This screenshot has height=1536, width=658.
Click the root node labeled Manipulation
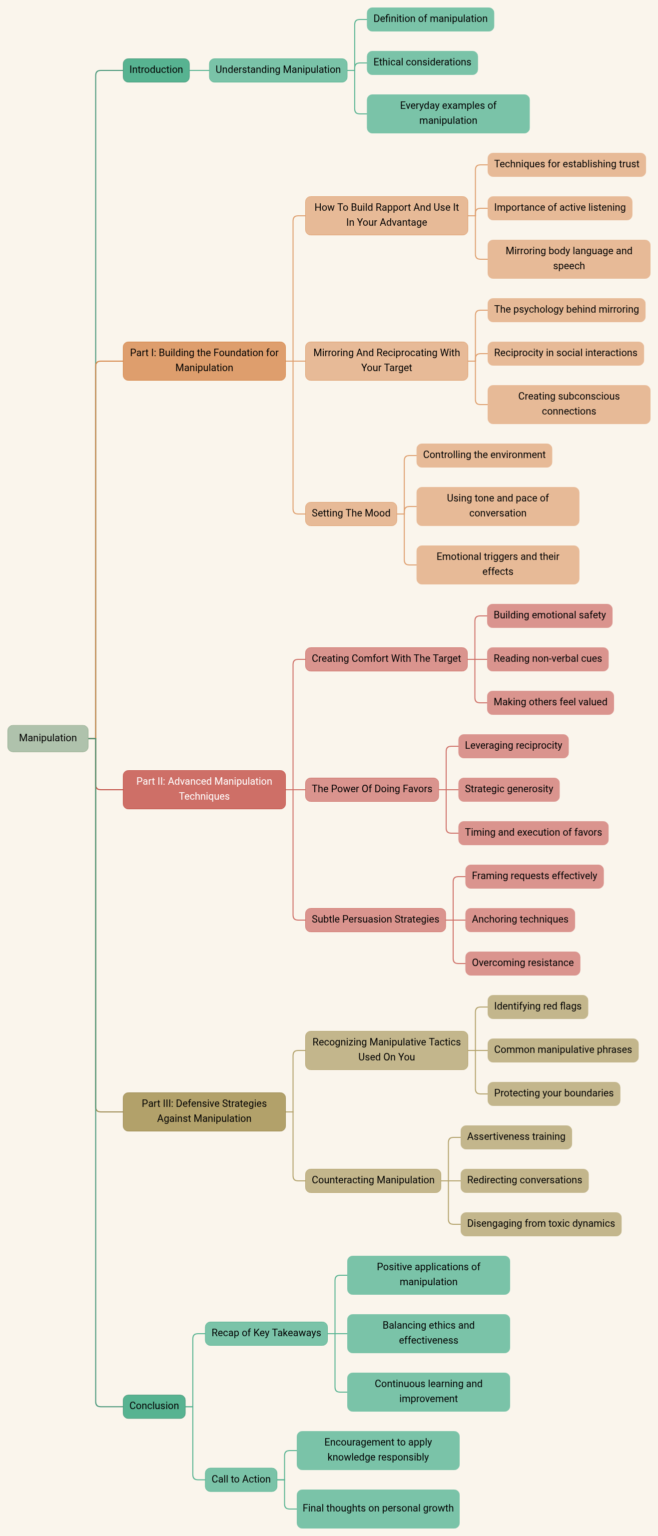pos(48,738)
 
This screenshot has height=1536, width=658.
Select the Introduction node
pos(156,70)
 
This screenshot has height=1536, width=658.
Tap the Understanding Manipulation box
pos(278,70)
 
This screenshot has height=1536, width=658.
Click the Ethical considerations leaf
pos(422,62)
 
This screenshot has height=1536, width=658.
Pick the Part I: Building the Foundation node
pos(204,361)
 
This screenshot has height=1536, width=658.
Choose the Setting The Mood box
pos(351,513)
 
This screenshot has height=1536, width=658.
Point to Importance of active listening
pos(560,208)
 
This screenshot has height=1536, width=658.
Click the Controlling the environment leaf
pos(485,455)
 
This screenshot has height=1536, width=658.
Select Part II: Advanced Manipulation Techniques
pos(204,789)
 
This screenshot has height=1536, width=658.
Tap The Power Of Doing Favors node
pos(372,789)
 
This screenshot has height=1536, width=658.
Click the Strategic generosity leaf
pos(509,789)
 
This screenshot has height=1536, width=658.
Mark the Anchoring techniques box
pos(520,920)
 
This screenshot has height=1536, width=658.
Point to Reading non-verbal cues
pos(548,659)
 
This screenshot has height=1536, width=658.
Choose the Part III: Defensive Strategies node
pos(204,1111)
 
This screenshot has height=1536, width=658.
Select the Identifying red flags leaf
pos(538,1007)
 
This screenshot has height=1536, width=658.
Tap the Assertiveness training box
pos(517,1137)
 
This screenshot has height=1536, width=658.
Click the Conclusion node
pos(154,1406)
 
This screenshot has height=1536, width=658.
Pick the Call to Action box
pos(241,1480)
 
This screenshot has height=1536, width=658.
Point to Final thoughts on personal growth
pos(378,1509)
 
